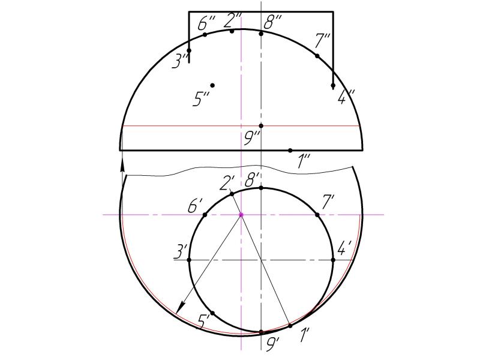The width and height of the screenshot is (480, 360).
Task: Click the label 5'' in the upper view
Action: (x=201, y=98)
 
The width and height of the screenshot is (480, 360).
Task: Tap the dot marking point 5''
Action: (x=212, y=85)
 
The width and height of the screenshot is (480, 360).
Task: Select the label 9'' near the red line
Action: (x=253, y=139)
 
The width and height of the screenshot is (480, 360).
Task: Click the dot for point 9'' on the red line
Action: (x=261, y=126)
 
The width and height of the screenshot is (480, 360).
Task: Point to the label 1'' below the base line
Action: (x=304, y=161)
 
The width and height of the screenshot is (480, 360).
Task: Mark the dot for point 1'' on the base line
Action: (x=290, y=151)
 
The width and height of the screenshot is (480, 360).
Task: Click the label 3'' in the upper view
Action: (x=179, y=61)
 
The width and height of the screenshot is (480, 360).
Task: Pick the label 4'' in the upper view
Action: (x=346, y=97)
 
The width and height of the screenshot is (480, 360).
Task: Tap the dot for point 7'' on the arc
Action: (x=317, y=56)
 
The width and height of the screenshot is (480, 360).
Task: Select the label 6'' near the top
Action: (x=206, y=23)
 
